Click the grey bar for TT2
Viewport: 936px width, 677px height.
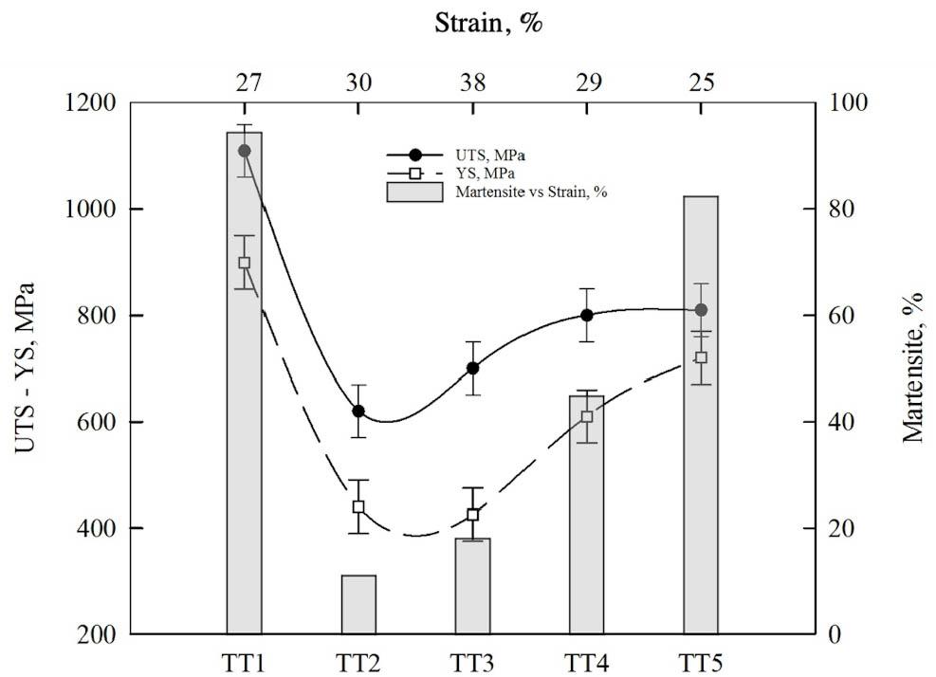click(x=358, y=604)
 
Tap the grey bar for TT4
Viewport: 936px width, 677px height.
click(x=586, y=531)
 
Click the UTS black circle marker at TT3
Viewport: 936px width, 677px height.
click(x=472, y=368)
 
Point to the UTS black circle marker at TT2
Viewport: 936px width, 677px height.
click(x=358, y=411)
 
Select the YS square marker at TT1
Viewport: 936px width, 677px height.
click(x=244, y=263)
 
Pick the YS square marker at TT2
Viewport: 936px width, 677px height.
click(x=358, y=506)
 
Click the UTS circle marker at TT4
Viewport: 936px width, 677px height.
click(x=586, y=315)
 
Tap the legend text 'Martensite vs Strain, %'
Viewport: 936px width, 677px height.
click(x=530, y=192)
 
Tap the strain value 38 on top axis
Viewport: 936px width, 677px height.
click(x=472, y=83)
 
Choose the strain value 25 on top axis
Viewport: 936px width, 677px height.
click(x=701, y=83)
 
